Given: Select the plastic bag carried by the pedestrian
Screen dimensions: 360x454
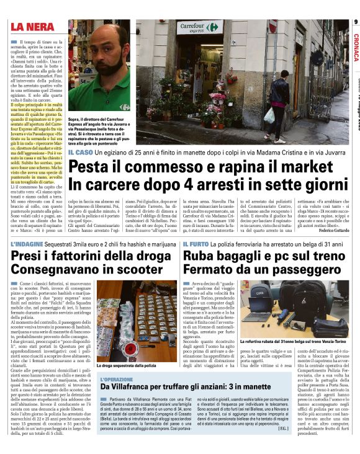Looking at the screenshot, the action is pyautogui.click(x=269, y=116).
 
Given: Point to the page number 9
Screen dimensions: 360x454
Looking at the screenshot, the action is pyautogui.click(x=356, y=22).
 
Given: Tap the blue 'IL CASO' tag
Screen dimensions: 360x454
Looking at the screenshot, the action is pyautogui.click(x=81, y=152).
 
